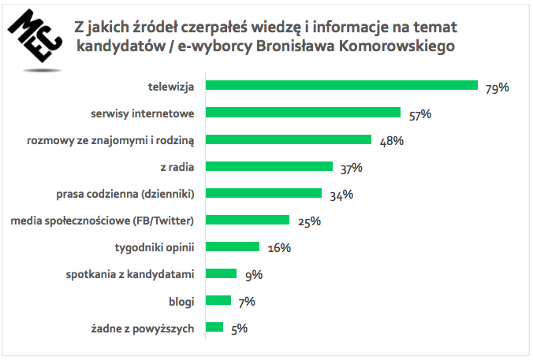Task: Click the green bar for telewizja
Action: (341, 85)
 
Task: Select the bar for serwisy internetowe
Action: (303, 113)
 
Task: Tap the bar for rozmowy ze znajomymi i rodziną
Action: (288, 139)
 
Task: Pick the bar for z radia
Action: (269, 166)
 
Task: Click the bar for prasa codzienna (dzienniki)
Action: (263, 193)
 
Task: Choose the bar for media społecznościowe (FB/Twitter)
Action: (247, 220)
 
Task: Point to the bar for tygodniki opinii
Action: (232, 247)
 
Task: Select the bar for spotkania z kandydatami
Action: (221, 273)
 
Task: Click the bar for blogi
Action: (218, 300)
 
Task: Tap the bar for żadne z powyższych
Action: (214, 327)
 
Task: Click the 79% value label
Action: (497, 87)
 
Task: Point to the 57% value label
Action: (419, 114)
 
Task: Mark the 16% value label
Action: (279, 248)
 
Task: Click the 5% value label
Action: (237, 328)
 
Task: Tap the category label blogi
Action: (181, 301)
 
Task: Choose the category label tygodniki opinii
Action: (155, 247)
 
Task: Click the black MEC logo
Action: (33, 39)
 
